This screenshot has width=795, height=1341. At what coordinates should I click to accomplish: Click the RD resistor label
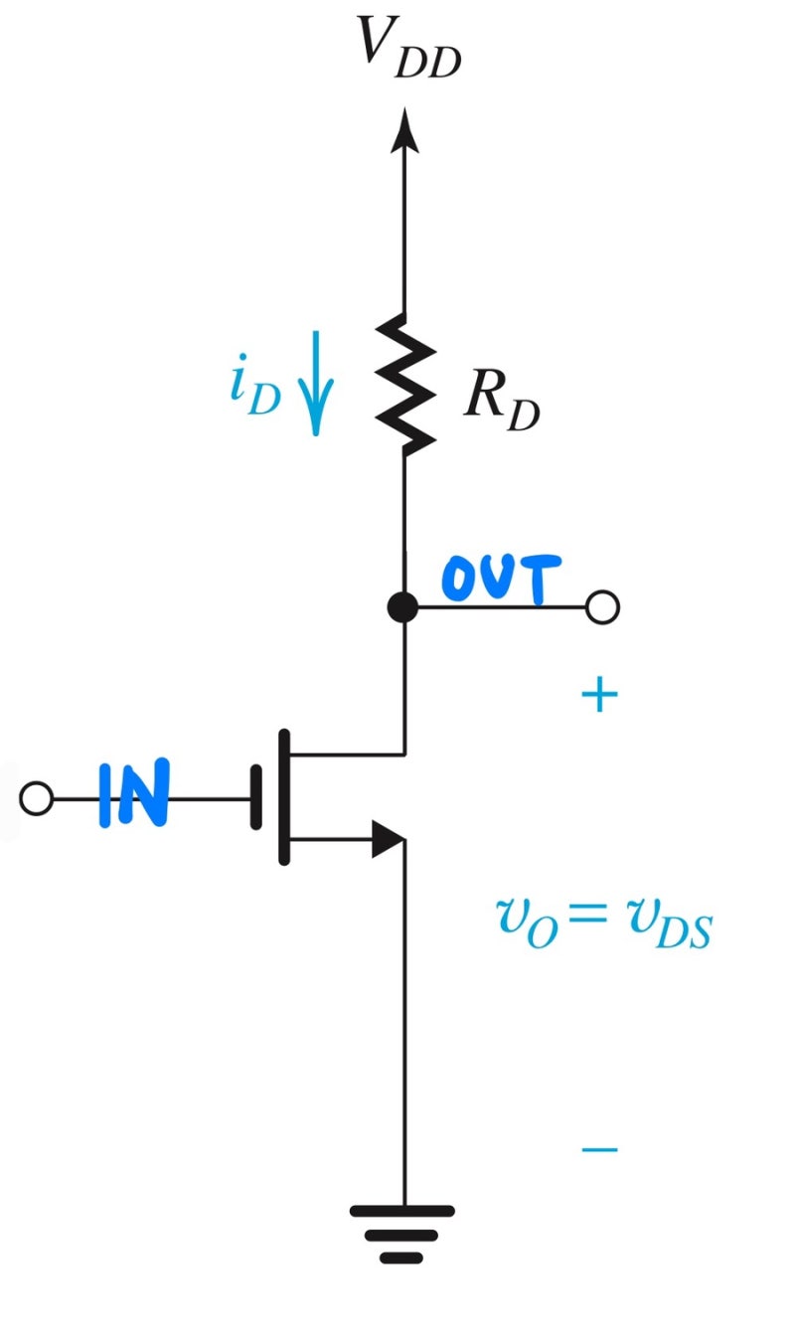(501, 404)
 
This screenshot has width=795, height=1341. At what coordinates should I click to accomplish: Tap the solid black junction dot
(402, 606)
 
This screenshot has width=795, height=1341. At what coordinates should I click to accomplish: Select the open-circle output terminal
(602, 606)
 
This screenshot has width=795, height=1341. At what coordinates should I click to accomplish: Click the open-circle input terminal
(37, 798)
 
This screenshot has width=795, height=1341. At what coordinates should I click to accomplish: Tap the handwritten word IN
(133, 795)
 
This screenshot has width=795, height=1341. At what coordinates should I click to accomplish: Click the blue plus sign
(599, 697)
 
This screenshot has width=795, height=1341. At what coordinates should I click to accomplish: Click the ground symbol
(402, 1233)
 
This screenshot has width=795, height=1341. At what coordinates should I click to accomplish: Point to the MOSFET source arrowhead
(388, 839)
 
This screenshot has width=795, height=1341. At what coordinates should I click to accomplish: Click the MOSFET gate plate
(257, 797)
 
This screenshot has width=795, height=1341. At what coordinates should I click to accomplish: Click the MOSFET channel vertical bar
(285, 797)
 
